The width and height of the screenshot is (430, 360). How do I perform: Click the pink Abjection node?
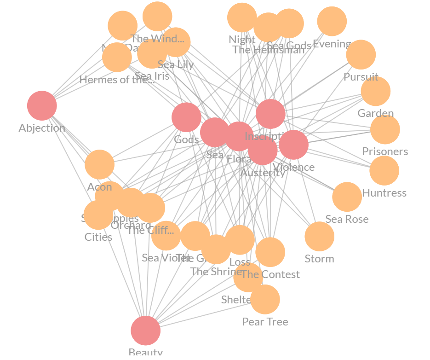(42, 105)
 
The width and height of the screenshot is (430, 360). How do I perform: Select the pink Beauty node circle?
(145, 331)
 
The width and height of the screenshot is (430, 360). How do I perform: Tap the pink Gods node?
(186, 117)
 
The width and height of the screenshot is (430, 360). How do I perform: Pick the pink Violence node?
(293, 145)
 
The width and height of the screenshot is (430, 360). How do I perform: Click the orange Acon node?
(99, 164)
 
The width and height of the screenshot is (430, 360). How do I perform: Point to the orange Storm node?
(319, 237)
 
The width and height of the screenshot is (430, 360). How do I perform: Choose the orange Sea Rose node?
(347, 197)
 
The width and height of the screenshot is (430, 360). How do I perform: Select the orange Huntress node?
(384, 170)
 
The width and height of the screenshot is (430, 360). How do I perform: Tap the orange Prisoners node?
(385, 129)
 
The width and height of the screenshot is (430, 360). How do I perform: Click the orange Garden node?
(376, 91)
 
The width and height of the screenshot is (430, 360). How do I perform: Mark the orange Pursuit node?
(361, 55)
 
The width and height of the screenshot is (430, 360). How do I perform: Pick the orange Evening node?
(332, 21)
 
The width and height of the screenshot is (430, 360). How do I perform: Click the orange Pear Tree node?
(265, 299)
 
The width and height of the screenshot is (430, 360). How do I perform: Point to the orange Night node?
(242, 17)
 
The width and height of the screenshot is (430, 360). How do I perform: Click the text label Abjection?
(42, 128)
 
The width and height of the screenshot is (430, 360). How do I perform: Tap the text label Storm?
(319, 259)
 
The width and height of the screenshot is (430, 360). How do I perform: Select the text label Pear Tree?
(265, 322)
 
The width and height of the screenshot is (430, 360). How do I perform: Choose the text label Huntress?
(384, 193)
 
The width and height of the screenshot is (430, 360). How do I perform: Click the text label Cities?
(98, 237)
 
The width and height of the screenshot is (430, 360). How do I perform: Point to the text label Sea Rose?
(347, 219)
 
